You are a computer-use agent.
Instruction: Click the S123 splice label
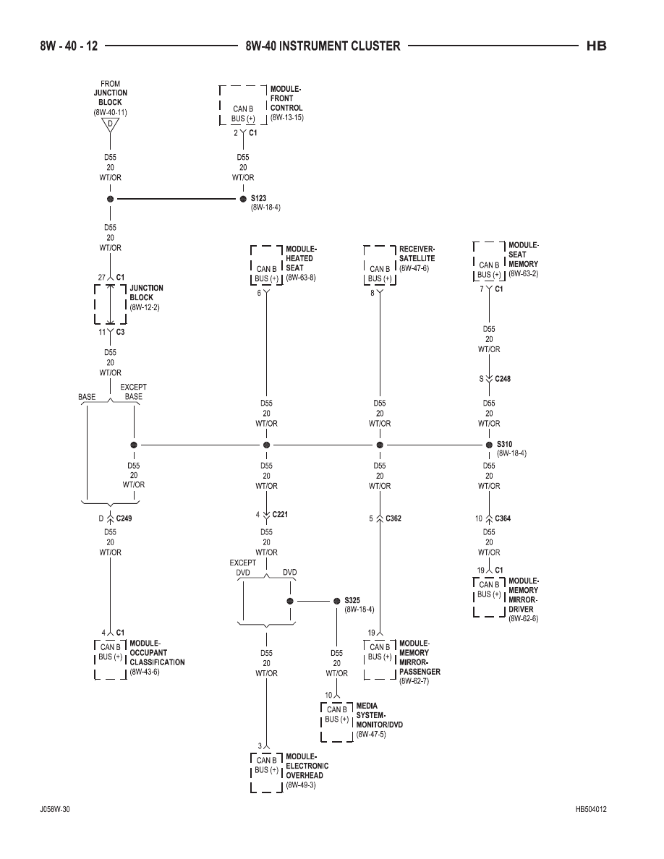pos(259,198)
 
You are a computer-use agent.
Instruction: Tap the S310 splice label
pos(505,444)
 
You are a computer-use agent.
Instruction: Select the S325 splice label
pos(352,600)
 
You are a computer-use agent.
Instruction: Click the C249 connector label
pos(124,518)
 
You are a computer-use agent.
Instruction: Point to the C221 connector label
pos(280,514)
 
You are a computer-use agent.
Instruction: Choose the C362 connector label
pos(393,518)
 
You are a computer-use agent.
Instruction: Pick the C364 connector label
pos(503,518)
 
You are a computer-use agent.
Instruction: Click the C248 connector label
pos(503,379)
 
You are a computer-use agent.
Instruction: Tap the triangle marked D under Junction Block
pos(110,125)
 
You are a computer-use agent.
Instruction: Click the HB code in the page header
pos(596,46)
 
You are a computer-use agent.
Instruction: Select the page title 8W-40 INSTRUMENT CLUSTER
pos(323,46)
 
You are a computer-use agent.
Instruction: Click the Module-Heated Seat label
pos(302,258)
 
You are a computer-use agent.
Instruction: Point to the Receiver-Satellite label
pos(417,254)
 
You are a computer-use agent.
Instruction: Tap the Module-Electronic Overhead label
pos(307,766)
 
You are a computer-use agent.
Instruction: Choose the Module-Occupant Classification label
pos(157,652)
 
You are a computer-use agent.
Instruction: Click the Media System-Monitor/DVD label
pos(379,715)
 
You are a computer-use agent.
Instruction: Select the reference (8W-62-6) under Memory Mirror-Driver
pos(523,618)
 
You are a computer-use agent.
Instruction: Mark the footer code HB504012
pos(591,809)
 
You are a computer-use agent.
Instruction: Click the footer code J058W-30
pos(55,809)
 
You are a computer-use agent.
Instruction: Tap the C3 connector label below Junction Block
pos(120,332)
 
